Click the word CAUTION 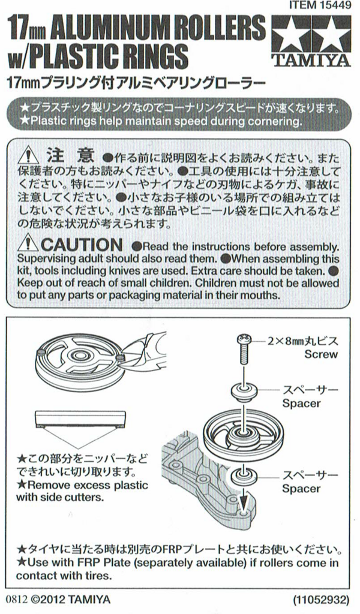point(82,245)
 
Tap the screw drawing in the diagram point(243,348)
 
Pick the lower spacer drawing point(243,477)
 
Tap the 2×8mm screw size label point(302,341)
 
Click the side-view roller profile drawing point(80,419)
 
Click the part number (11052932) point(320,600)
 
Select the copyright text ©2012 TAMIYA point(70,600)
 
